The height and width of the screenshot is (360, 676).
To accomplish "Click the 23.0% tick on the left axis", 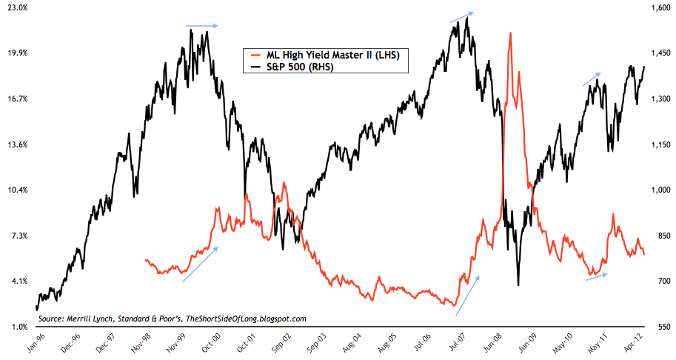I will [16, 7].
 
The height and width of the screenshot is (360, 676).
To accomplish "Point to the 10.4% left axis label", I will [16, 190].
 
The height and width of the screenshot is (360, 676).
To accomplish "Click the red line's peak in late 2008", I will [510, 33].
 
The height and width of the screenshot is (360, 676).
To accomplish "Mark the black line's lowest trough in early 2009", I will [518, 284].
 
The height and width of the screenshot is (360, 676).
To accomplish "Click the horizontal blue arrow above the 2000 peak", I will [202, 26].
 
